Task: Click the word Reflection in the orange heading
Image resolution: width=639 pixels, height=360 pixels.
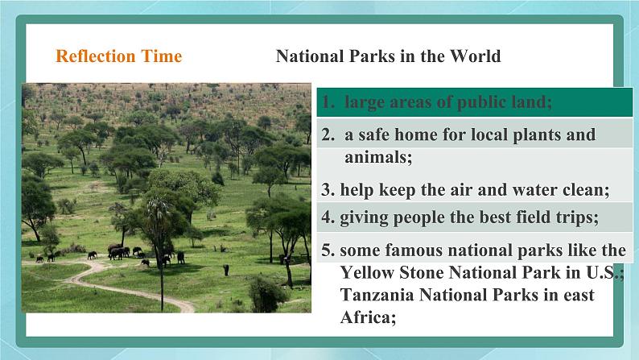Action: (x=95, y=56)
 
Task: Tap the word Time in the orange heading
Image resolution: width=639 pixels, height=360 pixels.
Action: (x=162, y=56)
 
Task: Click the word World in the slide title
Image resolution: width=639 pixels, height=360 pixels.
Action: (x=475, y=56)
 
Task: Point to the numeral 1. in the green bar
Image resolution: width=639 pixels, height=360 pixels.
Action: (x=328, y=102)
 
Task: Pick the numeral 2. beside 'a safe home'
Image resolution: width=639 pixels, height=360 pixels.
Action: (x=328, y=135)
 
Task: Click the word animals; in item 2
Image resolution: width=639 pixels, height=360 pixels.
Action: (x=378, y=157)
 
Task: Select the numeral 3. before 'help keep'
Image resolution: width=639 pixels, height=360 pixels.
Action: (x=328, y=190)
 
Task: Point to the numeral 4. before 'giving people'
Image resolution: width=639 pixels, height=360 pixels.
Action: (x=328, y=217)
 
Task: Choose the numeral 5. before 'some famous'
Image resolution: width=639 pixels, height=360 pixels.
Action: (x=328, y=250)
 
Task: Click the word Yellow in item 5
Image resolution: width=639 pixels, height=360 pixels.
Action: (x=367, y=272)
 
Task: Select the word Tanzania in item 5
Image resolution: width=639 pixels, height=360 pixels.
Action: (x=377, y=295)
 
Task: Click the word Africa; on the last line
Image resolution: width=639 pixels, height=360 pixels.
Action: (x=368, y=317)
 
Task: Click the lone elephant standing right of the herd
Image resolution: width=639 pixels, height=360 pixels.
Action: (x=226, y=270)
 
